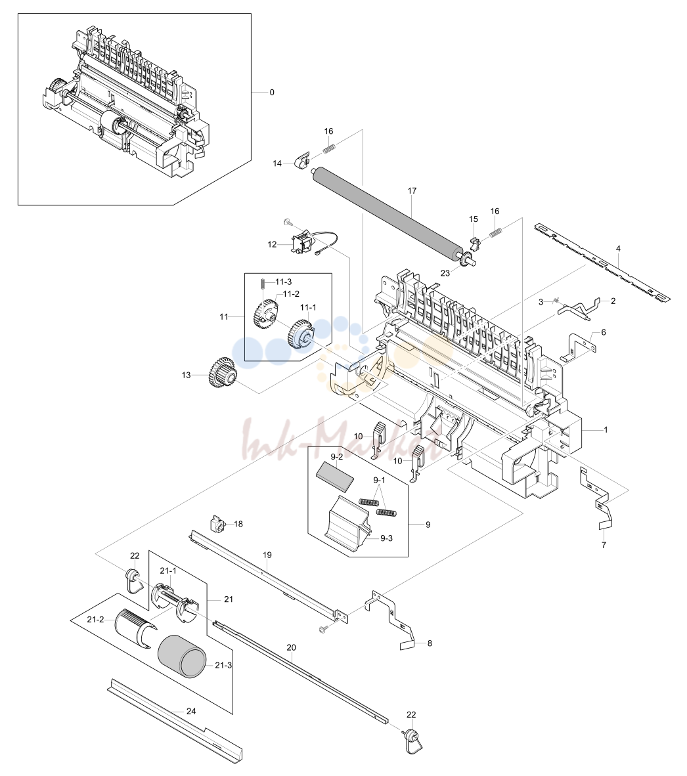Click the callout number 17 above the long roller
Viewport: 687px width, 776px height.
coord(412,190)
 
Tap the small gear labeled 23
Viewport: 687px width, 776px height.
coord(465,259)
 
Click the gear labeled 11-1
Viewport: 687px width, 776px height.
coord(300,335)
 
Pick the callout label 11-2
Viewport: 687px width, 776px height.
coord(291,294)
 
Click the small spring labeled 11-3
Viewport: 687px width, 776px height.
coord(262,283)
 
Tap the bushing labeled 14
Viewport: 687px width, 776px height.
coord(301,160)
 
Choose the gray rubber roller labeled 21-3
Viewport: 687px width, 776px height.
coord(181,655)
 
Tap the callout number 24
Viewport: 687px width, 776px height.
coord(191,711)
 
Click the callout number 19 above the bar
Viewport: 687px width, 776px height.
coord(267,555)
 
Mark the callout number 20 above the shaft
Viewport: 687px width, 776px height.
coord(291,647)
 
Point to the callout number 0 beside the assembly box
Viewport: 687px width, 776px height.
coord(272,93)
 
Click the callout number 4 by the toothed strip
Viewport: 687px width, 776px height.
coord(618,248)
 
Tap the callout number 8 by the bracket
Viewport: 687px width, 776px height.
coord(430,643)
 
